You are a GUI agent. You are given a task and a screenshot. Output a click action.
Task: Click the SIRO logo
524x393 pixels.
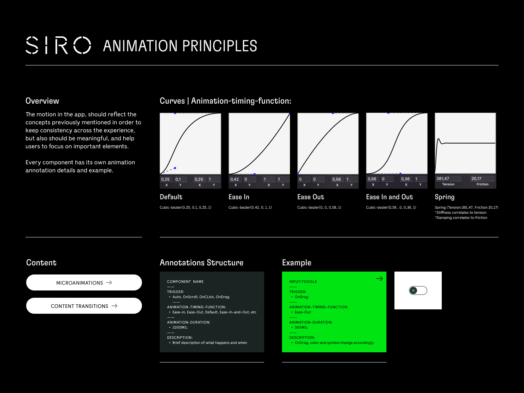58,45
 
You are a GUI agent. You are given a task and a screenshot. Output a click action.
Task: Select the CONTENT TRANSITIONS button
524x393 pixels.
84,306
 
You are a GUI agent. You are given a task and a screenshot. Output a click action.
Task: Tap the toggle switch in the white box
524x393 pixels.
418,290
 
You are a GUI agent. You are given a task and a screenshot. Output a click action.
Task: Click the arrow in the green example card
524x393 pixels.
379,278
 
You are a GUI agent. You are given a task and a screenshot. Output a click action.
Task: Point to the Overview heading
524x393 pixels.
42,101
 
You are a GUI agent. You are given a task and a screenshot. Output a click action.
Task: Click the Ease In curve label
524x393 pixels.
239,197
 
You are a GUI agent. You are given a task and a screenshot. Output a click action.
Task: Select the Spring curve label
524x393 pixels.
445,197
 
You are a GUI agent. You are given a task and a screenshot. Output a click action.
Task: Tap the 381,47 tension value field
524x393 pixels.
448,179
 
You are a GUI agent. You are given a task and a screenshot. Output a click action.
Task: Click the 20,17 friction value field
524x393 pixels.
483,179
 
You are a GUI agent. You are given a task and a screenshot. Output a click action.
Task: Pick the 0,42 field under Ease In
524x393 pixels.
235,179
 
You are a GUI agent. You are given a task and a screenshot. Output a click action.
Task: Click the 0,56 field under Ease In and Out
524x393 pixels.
373,179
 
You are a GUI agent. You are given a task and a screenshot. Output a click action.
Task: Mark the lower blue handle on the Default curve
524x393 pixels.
175,168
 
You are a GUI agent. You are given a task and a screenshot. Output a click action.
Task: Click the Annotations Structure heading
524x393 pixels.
202,262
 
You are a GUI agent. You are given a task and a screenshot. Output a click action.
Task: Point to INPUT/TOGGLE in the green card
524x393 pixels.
303,282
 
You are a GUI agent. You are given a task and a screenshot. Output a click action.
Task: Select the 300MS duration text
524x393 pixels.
301,328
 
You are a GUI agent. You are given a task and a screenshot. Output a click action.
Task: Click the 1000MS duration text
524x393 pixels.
180,328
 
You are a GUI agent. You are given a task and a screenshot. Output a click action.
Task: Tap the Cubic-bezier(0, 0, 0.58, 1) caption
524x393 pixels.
319,208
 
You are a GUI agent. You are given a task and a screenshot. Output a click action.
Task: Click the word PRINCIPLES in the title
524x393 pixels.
220,46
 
